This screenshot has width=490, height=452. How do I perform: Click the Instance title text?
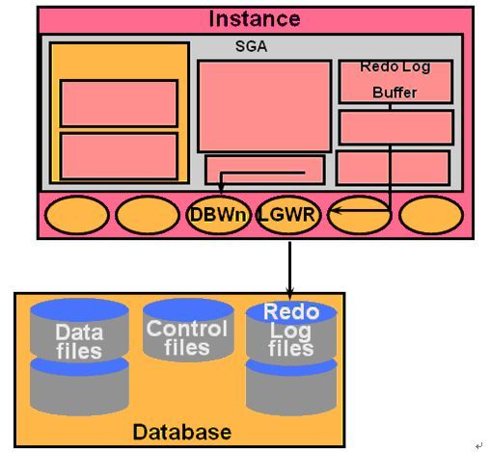[255, 19]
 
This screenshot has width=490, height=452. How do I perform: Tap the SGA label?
[251, 46]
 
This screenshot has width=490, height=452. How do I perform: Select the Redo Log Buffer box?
[396, 82]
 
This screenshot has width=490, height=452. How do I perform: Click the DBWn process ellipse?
[218, 215]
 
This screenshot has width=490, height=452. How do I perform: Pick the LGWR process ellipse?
[288, 215]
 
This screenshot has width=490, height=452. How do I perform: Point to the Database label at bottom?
[182, 432]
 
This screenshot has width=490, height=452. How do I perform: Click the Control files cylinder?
[188, 330]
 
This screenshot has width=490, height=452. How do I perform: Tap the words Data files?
[79, 341]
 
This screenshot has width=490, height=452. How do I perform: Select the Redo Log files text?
[291, 330]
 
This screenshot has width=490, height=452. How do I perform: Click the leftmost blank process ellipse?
[77, 215]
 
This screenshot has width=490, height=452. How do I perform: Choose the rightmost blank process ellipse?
[431, 215]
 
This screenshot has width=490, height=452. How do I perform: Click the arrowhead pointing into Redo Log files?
[289, 294]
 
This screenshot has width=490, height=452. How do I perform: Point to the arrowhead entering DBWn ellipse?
[221, 188]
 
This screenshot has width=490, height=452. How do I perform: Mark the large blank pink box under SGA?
[264, 106]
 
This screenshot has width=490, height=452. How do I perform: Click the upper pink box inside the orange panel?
[119, 103]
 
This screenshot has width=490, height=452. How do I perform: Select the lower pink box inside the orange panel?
[119, 156]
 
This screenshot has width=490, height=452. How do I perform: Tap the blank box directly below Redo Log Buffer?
[396, 127]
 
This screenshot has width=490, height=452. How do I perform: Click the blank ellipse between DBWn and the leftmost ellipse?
[148, 215]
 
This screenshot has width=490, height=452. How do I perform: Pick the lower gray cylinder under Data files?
[79, 386]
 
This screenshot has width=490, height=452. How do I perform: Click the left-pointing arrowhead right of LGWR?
[335, 211]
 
